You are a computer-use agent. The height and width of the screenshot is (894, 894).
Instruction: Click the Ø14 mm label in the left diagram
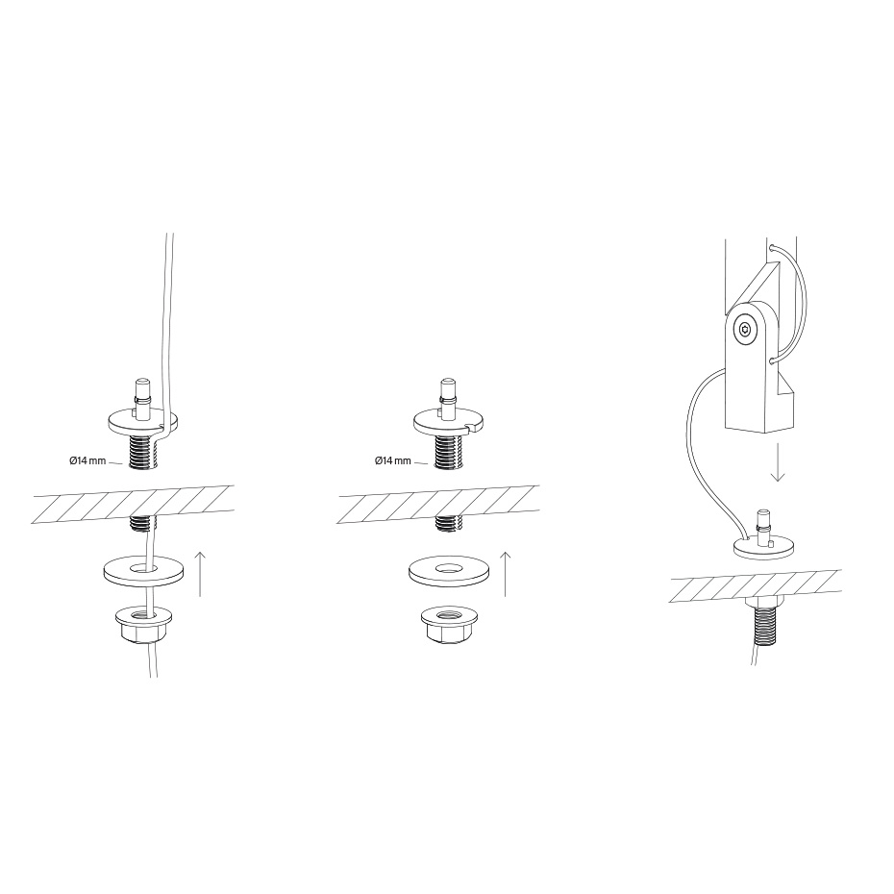tap(87, 460)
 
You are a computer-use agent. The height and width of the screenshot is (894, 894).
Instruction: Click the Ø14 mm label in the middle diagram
tap(393, 460)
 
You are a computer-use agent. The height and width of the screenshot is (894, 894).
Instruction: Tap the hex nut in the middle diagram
tap(448, 625)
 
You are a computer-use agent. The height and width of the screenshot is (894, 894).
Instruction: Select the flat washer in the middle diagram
tap(448, 570)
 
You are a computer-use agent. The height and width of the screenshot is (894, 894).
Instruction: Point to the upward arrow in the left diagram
tap(200, 574)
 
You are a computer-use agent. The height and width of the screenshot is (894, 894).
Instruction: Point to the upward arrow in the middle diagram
tap(505, 574)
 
